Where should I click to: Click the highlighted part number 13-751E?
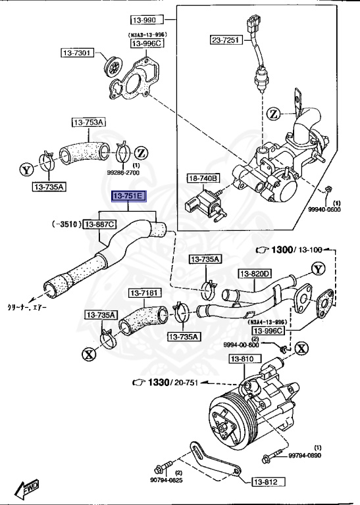click(x=131, y=197)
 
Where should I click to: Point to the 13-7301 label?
click(x=79, y=52)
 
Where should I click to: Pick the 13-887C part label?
click(x=99, y=224)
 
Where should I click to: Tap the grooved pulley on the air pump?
click(x=227, y=421)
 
